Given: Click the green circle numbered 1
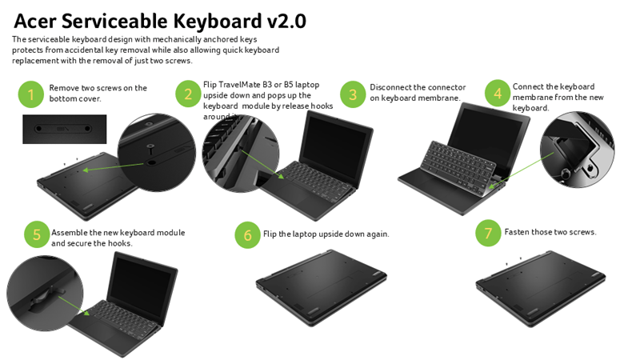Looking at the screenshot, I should [30, 95].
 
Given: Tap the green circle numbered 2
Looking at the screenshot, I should [188, 94].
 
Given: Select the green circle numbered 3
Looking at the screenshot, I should [353, 94].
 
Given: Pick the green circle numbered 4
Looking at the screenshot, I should [498, 94].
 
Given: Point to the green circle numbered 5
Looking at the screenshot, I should [37, 235].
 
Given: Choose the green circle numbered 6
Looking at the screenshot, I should [248, 235].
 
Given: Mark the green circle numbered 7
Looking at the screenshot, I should [488, 234].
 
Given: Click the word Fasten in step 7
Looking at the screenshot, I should [518, 232].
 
